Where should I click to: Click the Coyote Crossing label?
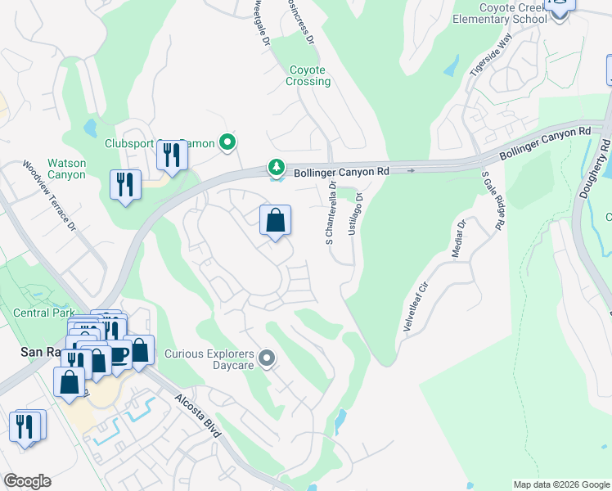[x=308, y=76]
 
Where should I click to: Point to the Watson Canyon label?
[x=66, y=169]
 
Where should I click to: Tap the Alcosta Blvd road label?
[x=196, y=417]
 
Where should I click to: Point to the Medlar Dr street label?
[x=459, y=238]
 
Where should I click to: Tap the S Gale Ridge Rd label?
[x=493, y=200]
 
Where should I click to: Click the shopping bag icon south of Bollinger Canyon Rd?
[x=276, y=220]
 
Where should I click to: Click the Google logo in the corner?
[x=27, y=481]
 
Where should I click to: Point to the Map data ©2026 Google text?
[x=561, y=484]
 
